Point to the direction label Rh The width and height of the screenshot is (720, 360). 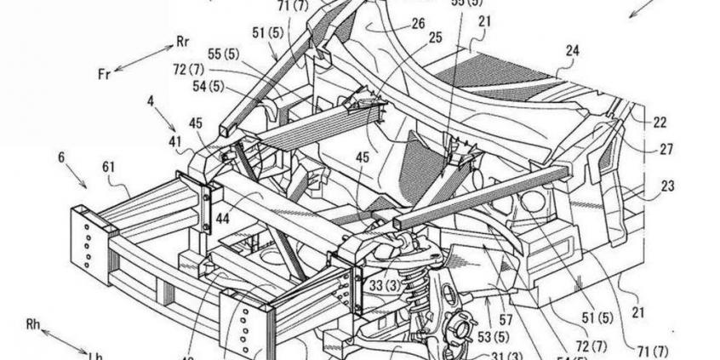tap(34, 324)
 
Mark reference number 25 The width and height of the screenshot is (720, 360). tap(436, 39)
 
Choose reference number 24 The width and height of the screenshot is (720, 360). tap(572, 51)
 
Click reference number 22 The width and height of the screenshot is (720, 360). tap(660, 123)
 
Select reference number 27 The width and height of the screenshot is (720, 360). tap(665, 149)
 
